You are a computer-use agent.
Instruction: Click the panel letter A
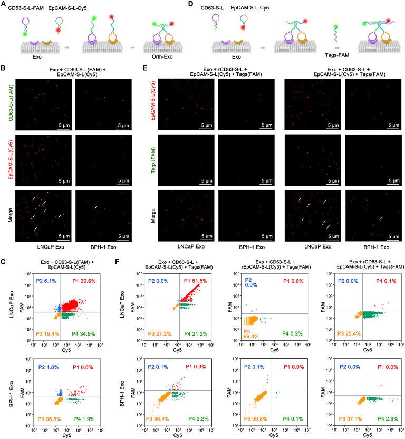pos(4,4)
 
